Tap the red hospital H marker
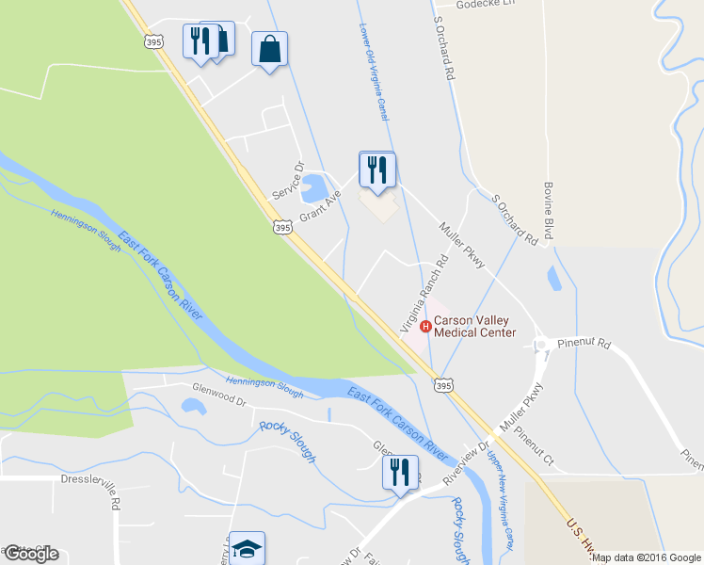point(425,327)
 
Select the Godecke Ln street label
point(487,5)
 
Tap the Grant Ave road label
point(319,209)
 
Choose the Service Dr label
point(289,180)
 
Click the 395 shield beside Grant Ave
point(281,227)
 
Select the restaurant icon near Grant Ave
point(377,170)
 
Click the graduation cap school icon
point(247,548)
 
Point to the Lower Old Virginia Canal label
point(373,72)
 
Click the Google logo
point(31,554)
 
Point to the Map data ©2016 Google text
point(647,557)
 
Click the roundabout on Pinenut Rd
point(541,346)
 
